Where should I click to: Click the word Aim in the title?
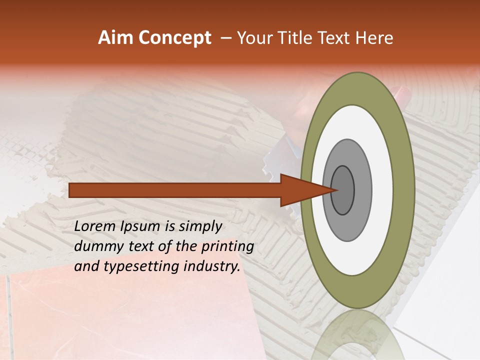(x=116, y=37)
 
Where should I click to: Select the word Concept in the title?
(x=175, y=37)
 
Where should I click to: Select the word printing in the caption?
(x=227, y=247)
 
